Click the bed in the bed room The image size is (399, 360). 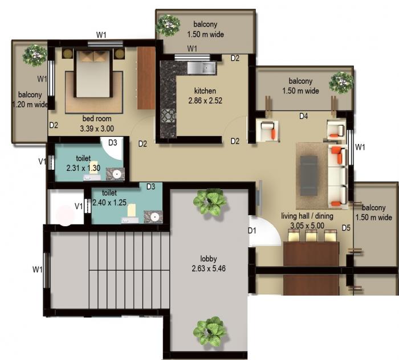[x=92, y=73]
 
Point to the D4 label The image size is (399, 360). [x=304, y=116]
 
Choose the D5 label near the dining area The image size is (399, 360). [x=345, y=228]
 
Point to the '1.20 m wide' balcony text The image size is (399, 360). [x=30, y=104]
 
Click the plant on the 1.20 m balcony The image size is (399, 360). [x=35, y=55]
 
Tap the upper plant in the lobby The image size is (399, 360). [x=209, y=202]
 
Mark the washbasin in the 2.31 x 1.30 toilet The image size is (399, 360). [x=117, y=174]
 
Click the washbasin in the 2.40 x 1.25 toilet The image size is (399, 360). [x=153, y=216]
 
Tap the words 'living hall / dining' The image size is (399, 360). [x=307, y=216]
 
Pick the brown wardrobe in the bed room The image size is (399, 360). [x=146, y=77]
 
